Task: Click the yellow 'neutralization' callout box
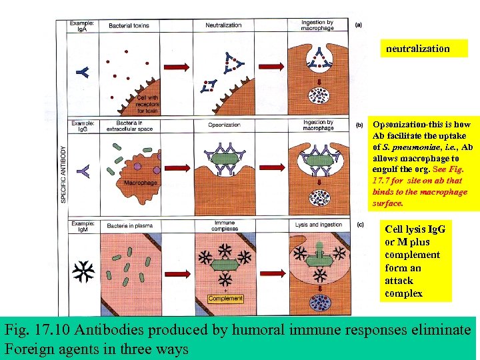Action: tap(418, 49)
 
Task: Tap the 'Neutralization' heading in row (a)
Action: tap(223, 25)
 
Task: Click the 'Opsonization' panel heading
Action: tap(224, 125)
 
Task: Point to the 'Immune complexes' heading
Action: tap(224, 227)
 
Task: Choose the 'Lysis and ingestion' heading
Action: tap(319, 225)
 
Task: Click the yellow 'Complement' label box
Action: tap(225, 298)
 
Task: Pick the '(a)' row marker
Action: tap(359, 25)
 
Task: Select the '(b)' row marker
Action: tap(359, 125)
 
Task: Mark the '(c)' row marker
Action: tap(359, 225)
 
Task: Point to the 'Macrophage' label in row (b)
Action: tap(141, 182)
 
